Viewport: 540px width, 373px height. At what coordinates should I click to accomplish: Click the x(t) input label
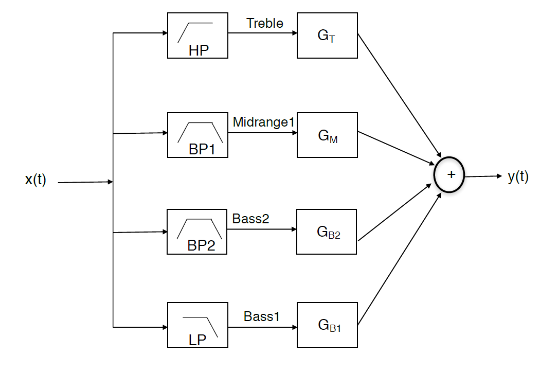pos(35,180)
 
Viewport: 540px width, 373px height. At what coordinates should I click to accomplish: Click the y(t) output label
pos(518,176)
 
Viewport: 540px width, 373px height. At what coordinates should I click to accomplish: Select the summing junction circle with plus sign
pos(449,174)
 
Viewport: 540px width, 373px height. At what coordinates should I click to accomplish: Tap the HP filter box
pos(197,35)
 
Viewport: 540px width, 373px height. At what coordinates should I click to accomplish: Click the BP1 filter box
pos(197,135)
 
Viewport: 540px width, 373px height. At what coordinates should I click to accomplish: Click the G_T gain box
pos(327,35)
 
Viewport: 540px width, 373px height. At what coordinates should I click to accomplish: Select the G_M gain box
pos(327,135)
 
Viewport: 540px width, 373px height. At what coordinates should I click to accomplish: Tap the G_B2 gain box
pos(327,232)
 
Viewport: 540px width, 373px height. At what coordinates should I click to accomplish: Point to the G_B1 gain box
pos(327,325)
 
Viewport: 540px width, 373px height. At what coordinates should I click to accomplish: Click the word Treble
pos(264,23)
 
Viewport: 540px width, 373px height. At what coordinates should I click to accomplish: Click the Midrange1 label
pos(263,122)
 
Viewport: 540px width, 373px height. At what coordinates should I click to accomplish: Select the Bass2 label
pos(250,219)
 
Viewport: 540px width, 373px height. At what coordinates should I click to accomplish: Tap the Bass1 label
pos(262,316)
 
